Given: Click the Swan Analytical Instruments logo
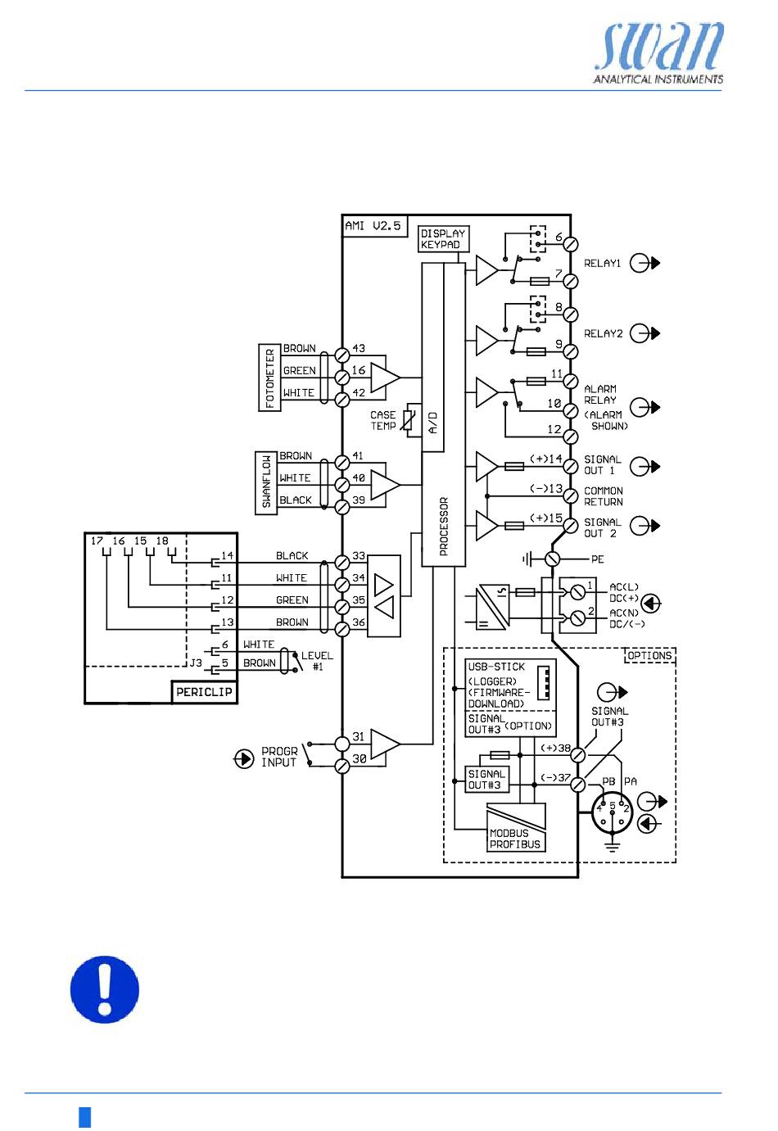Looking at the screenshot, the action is [x=658, y=52].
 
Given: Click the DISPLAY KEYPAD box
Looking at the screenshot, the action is [x=443, y=239].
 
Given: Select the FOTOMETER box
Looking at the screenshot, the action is [x=269, y=378].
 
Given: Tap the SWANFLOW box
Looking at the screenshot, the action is [x=266, y=482].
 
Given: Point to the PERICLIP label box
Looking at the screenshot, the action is [x=204, y=692].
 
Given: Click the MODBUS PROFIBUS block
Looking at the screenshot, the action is [x=515, y=827].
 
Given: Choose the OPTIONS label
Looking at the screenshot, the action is [x=649, y=655].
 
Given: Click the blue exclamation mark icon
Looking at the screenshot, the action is [x=105, y=989].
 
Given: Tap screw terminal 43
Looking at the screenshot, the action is [x=342, y=355].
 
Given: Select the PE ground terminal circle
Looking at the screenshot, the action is [x=552, y=559].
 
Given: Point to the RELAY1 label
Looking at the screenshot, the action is [x=602, y=263].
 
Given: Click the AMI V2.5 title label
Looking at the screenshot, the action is [x=373, y=226].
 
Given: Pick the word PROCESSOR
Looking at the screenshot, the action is [x=444, y=526].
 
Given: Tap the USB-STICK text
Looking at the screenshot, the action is [x=496, y=667].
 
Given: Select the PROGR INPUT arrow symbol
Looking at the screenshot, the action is [x=244, y=758].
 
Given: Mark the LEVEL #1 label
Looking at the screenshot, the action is [x=317, y=661].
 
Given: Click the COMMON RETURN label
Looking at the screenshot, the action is [x=604, y=496].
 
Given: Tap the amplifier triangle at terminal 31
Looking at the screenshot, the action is [x=385, y=744].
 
